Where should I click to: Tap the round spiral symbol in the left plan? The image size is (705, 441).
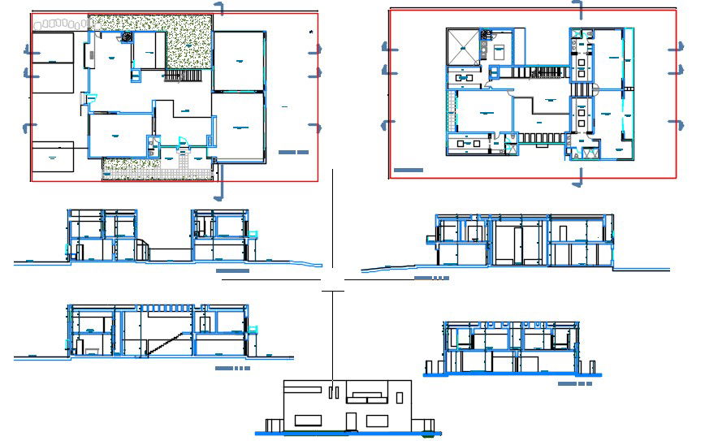pos(127,37)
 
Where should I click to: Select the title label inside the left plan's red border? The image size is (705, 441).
pos(292,153)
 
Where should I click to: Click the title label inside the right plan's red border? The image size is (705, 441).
pos(407,171)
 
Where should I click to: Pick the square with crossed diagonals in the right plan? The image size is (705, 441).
pos(461,45)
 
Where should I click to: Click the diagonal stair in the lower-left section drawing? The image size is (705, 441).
pos(162,342)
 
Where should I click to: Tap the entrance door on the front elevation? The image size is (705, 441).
pos(351,421)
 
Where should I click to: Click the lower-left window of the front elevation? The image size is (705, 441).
pos(307,420)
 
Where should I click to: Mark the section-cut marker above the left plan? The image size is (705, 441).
pos(220,8)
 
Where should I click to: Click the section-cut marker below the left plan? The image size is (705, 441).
pos(218,191)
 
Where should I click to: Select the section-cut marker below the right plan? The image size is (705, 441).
pos(578,177)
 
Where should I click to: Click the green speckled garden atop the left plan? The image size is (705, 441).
pos(189,41)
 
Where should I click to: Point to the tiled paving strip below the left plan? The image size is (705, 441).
pos(154,171)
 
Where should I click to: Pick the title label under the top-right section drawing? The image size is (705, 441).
pos(431,278)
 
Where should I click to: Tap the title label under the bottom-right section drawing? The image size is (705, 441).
pos(574,383)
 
